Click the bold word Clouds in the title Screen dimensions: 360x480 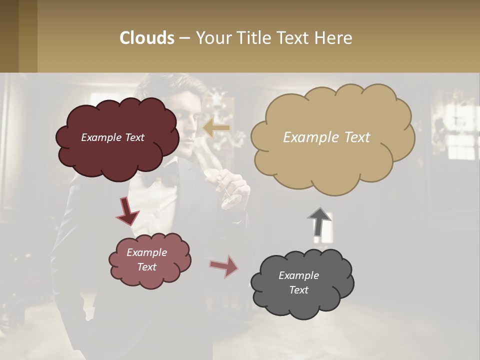(x=147, y=37)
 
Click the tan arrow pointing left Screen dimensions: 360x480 (x=216, y=128)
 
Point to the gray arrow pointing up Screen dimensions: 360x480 (x=319, y=221)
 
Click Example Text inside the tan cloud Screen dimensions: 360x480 (x=326, y=137)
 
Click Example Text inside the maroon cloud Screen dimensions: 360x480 (x=112, y=137)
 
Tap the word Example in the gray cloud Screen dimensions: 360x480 (x=298, y=275)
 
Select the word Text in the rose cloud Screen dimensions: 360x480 (x=146, y=267)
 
